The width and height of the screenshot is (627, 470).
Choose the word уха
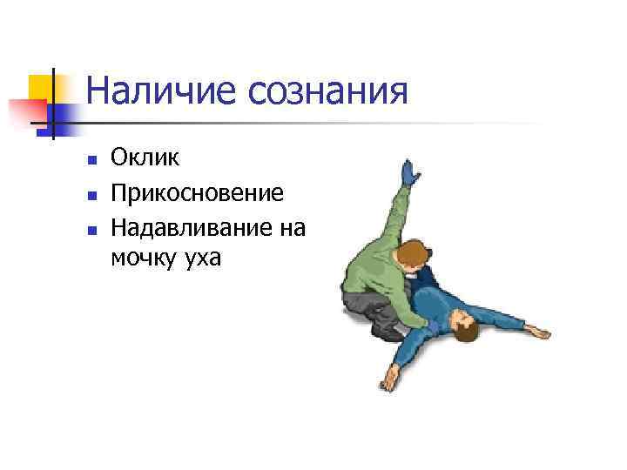[203, 258]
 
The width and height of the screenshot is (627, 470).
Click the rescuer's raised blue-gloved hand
[408, 171]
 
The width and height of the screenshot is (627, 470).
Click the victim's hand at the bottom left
[389, 379]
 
